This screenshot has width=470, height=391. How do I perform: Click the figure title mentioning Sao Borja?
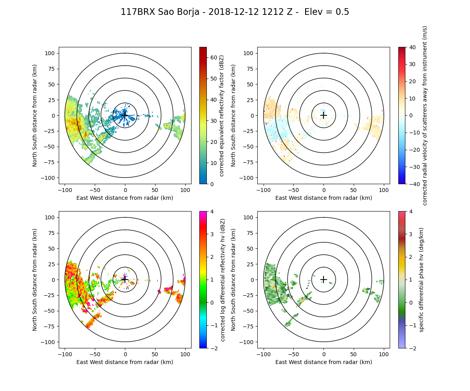[235, 12]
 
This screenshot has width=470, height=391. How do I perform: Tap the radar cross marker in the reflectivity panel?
[125, 115]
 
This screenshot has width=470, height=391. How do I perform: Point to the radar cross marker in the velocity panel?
[324, 115]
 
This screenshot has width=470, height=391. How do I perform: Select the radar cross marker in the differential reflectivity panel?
[125, 280]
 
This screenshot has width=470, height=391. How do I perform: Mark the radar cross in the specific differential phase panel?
[324, 280]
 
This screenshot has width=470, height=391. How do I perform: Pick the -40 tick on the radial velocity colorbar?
[410, 184]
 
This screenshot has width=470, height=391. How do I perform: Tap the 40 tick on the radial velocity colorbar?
[410, 47]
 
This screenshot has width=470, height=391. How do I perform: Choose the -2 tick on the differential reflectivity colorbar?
[211, 348]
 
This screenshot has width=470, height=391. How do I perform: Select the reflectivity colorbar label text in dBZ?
[222, 115]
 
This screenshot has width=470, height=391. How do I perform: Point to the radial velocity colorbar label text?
[425, 115]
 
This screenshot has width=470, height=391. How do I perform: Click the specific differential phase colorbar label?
[422, 280]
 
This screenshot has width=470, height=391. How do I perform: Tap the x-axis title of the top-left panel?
[125, 198]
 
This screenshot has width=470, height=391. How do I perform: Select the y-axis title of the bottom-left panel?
[35, 280]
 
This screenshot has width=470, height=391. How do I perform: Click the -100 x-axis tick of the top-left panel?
[65, 190]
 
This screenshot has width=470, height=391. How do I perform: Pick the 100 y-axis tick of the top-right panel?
[249, 53]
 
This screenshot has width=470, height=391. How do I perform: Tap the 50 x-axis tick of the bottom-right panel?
[354, 354]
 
